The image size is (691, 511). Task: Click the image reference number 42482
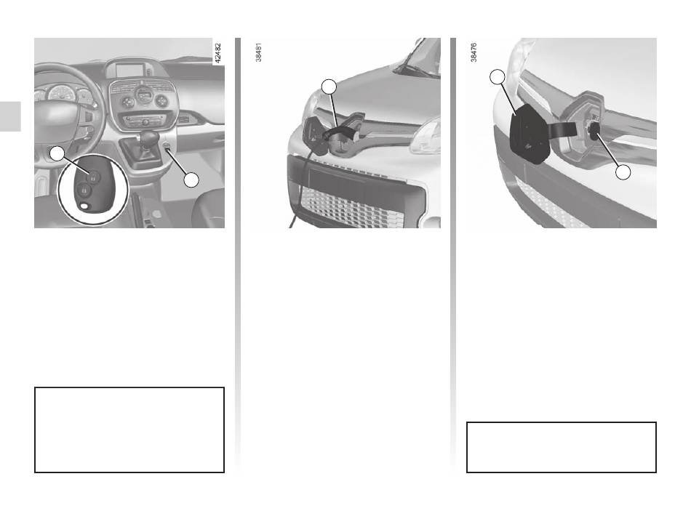point(217,52)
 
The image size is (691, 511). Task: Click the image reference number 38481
point(259,52)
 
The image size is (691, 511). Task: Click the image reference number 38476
point(474,52)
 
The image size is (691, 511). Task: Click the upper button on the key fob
point(94,177)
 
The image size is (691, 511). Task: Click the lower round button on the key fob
point(84,190)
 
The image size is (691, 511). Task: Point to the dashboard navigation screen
point(129,70)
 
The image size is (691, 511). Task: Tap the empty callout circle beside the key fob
point(57,154)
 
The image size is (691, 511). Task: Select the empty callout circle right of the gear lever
point(191,180)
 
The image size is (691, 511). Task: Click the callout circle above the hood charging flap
point(329,86)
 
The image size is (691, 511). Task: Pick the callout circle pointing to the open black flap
point(497,76)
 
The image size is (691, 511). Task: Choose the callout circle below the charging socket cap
point(623,172)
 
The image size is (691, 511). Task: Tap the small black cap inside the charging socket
point(594,131)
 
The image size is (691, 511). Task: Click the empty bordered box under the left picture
point(129,430)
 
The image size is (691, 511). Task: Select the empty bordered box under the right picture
point(562,447)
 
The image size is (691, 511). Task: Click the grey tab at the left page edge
point(10,116)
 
